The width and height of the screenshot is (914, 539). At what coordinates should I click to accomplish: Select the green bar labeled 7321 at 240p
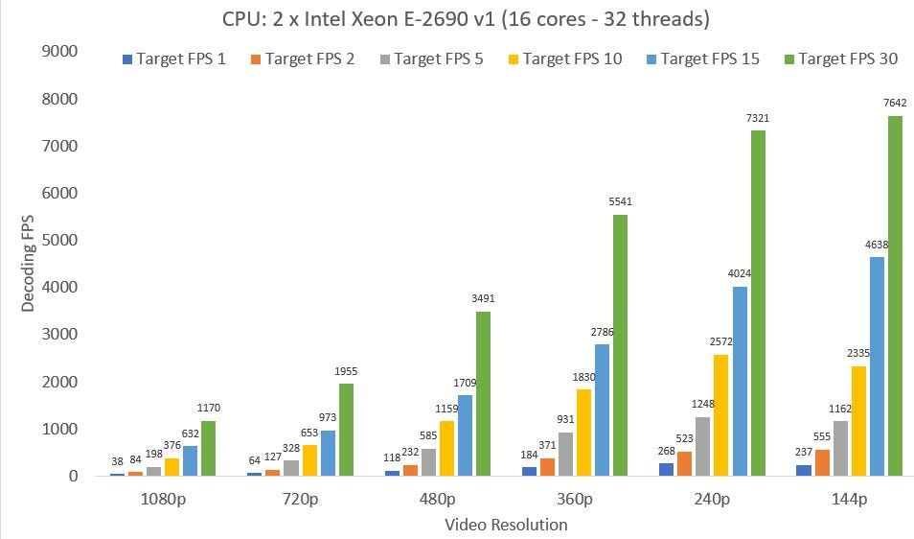pos(758,303)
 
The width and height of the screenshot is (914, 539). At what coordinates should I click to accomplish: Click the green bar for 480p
pos(483,393)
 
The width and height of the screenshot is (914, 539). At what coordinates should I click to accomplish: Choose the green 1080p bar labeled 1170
pos(209,448)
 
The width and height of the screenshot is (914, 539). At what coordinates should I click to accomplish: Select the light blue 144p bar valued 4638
pos(877,366)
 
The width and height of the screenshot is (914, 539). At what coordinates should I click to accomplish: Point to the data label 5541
pos(620,201)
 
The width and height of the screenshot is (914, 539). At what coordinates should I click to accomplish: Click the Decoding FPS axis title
pos(30,264)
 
